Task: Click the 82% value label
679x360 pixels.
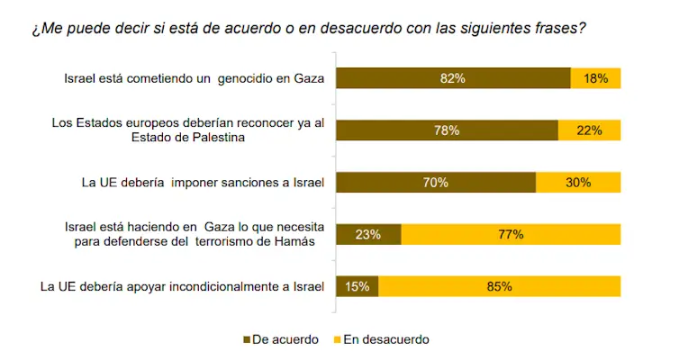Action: click(452, 78)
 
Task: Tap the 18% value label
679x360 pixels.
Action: click(596, 78)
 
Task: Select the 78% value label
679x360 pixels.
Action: click(447, 130)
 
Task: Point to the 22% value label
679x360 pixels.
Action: click(590, 130)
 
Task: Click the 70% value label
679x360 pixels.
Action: click(436, 183)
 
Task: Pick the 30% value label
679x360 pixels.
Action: click(578, 183)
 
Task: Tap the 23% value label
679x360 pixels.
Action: click(368, 235)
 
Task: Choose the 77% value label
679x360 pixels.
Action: click(511, 235)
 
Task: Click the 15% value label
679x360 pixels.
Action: click(358, 287)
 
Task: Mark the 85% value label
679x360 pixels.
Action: click(500, 287)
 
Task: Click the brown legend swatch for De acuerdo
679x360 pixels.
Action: click(248, 340)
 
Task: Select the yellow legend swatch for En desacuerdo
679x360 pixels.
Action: click(339, 340)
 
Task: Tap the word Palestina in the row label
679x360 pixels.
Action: click(219, 138)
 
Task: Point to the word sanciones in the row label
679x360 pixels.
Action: click(249, 184)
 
